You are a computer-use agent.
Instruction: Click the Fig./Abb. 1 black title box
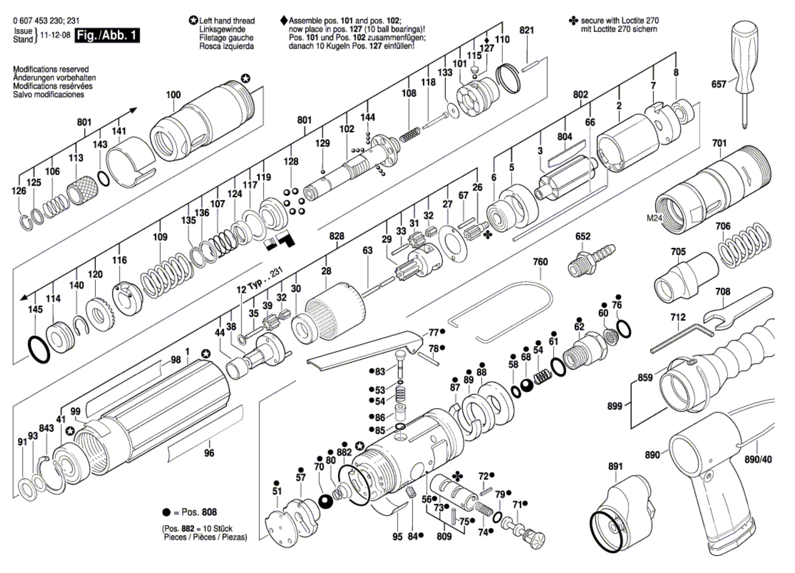click(x=107, y=35)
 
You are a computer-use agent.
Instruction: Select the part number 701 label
click(x=719, y=143)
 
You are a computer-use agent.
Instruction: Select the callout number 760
click(x=540, y=262)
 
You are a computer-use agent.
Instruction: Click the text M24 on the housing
click(x=654, y=218)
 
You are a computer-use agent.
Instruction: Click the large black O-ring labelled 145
click(x=38, y=350)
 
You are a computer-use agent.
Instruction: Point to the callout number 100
click(x=173, y=95)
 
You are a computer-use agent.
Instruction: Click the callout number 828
click(x=336, y=236)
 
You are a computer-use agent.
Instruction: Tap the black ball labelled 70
click(x=326, y=501)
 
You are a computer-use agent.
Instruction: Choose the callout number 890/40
click(x=758, y=459)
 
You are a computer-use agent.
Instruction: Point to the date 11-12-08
click(x=55, y=35)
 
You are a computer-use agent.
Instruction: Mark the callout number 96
click(x=209, y=453)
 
